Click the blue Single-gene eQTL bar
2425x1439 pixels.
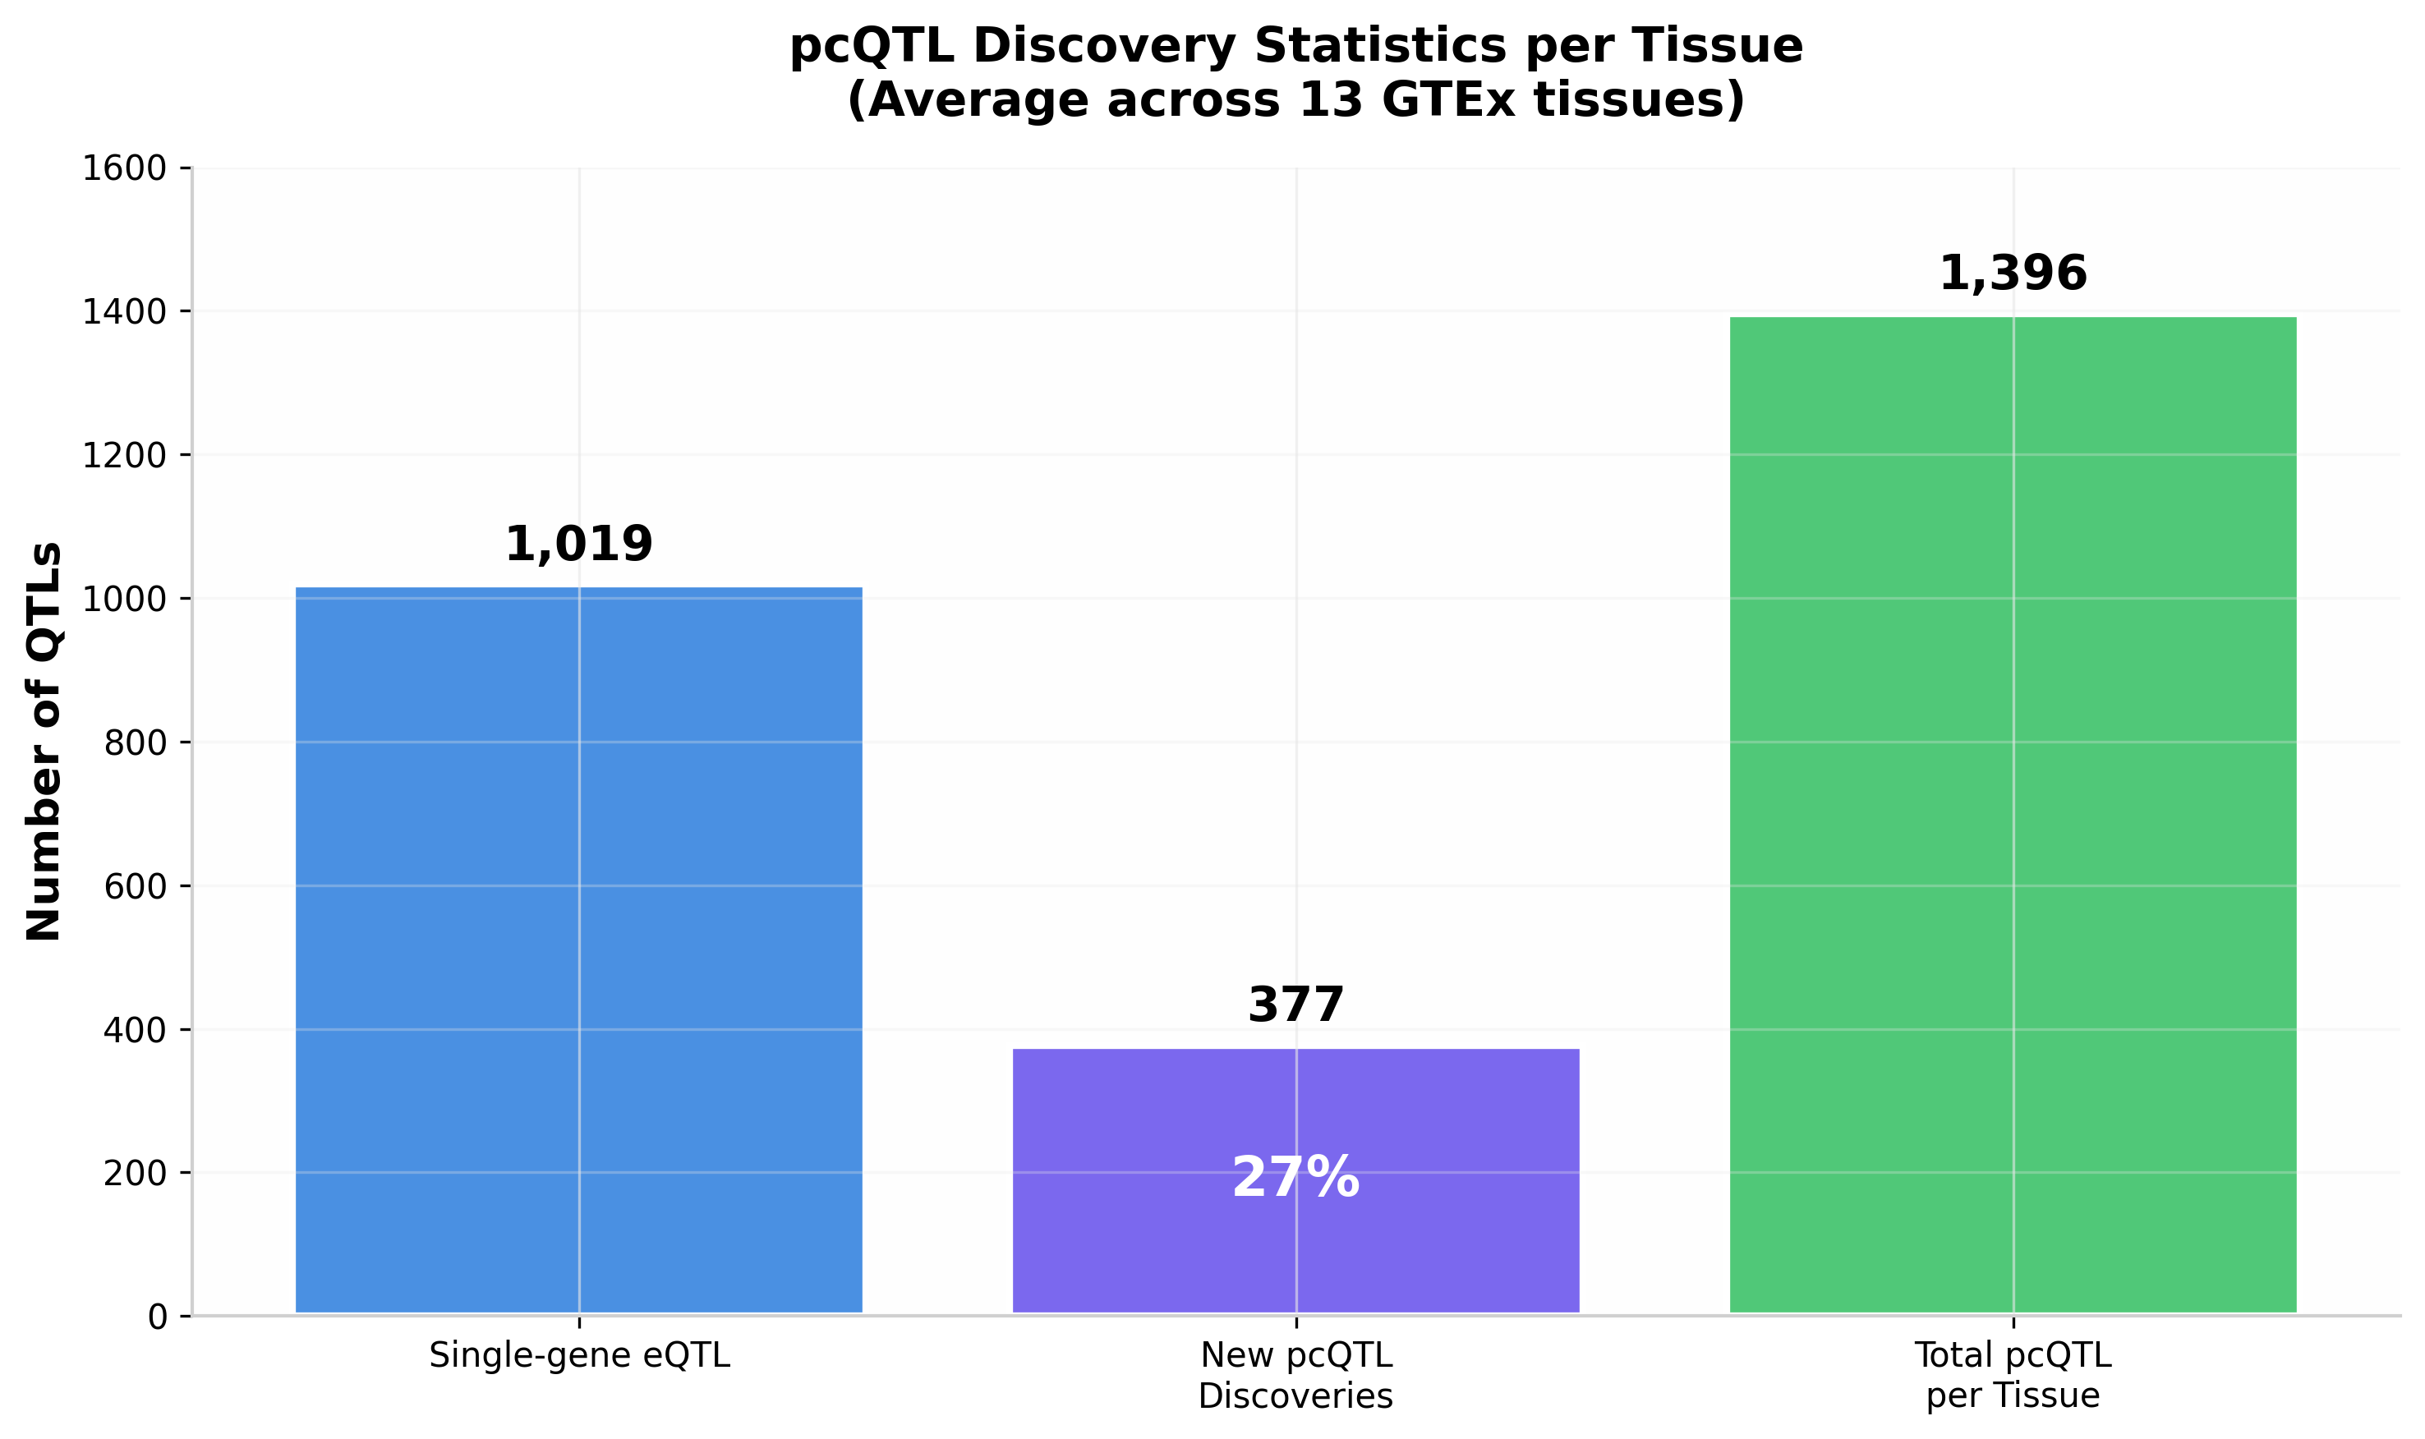pyautogui.click(x=579, y=950)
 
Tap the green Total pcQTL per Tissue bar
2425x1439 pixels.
pyautogui.click(x=2013, y=815)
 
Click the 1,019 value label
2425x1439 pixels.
pyautogui.click(x=579, y=544)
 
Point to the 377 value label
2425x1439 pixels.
pyautogui.click(x=1295, y=1005)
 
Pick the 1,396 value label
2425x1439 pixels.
pyautogui.click(x=2013, y=274)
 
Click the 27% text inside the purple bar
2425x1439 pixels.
pyautogui.click(x=1295, y=1178)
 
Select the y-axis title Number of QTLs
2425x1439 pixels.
pyautogui.click(x=44, y=742)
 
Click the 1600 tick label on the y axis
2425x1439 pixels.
pyautogui.click(x=124, y=168)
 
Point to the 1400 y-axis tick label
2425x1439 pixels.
pyautogui.click(x=124, y=312)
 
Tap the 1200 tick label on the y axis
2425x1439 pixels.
pyautogui.click(x=124, y=456)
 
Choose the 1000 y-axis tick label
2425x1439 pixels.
pyautogui.click(x=124, y=600)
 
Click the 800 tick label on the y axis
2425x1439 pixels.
pyautogui.click(x=135, y=742)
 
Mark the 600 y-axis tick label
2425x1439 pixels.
pyautogui.click(x=135, y=886)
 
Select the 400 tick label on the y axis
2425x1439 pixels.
pyautogui.click(x=135, y=1030)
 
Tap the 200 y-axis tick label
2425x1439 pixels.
pyautogui.click(x=135, y=1174)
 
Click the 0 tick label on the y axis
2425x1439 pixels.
pyautogui.click(x=157, y=1317)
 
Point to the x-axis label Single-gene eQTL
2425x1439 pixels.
pyautogui.click(x=579, y=1355)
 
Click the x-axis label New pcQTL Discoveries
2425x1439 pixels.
pyautogui.click(x=1295, y=1375)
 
